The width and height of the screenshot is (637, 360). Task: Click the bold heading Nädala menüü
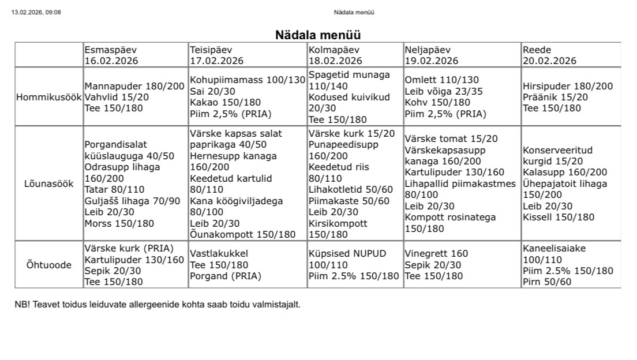(x=318, y=35)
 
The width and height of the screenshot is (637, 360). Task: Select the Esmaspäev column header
(x=111, y=50)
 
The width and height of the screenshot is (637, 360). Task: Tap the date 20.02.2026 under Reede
(x=550, y=61)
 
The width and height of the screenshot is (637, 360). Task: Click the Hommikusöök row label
(x=49, y=97)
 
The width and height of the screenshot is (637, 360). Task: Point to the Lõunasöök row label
(x=49, y=184)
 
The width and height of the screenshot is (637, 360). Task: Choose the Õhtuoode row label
(x=49, y=265)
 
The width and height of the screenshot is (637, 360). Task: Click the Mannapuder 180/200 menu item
(x=134, y=87)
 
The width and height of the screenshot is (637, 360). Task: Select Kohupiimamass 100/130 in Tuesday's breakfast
(x=248, y=80)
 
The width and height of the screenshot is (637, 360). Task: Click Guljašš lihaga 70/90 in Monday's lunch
(x=132, y=201)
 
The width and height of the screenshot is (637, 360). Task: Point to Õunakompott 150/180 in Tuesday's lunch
(x=243, y=234)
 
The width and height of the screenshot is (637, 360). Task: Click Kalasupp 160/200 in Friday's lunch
(x=565, y=172)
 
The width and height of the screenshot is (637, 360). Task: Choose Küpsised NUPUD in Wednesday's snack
(x=347, y=254)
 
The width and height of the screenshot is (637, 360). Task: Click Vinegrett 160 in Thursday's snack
(x=436, y=253)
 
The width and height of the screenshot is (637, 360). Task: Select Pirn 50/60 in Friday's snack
(x=547, y=282)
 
